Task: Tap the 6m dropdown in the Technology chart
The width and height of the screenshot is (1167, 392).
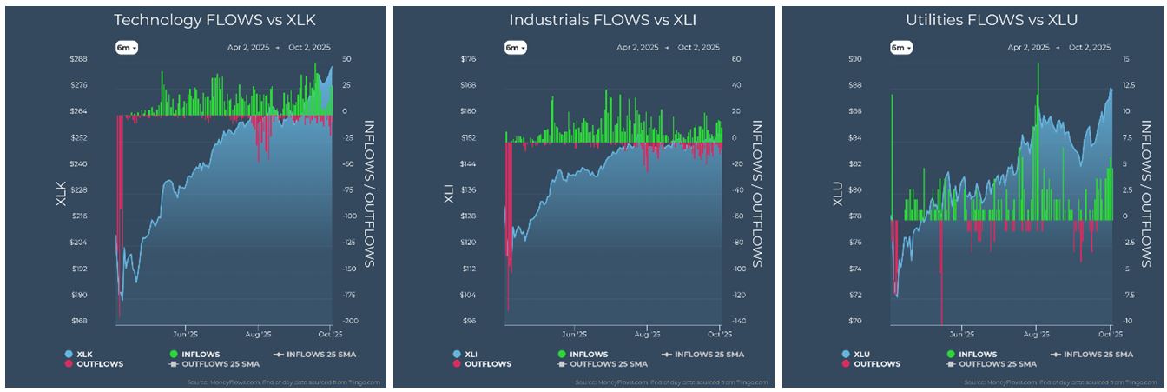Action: pyautogui.click(x=126, y=48)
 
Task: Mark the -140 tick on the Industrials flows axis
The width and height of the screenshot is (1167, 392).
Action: pyautogui.click(x=740, y=321)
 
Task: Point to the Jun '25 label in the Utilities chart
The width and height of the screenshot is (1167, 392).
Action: pyautogui.click(x=961, y=333)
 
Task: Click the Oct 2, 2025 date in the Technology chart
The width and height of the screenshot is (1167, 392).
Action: pyautogui.click(x=309, y=48)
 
